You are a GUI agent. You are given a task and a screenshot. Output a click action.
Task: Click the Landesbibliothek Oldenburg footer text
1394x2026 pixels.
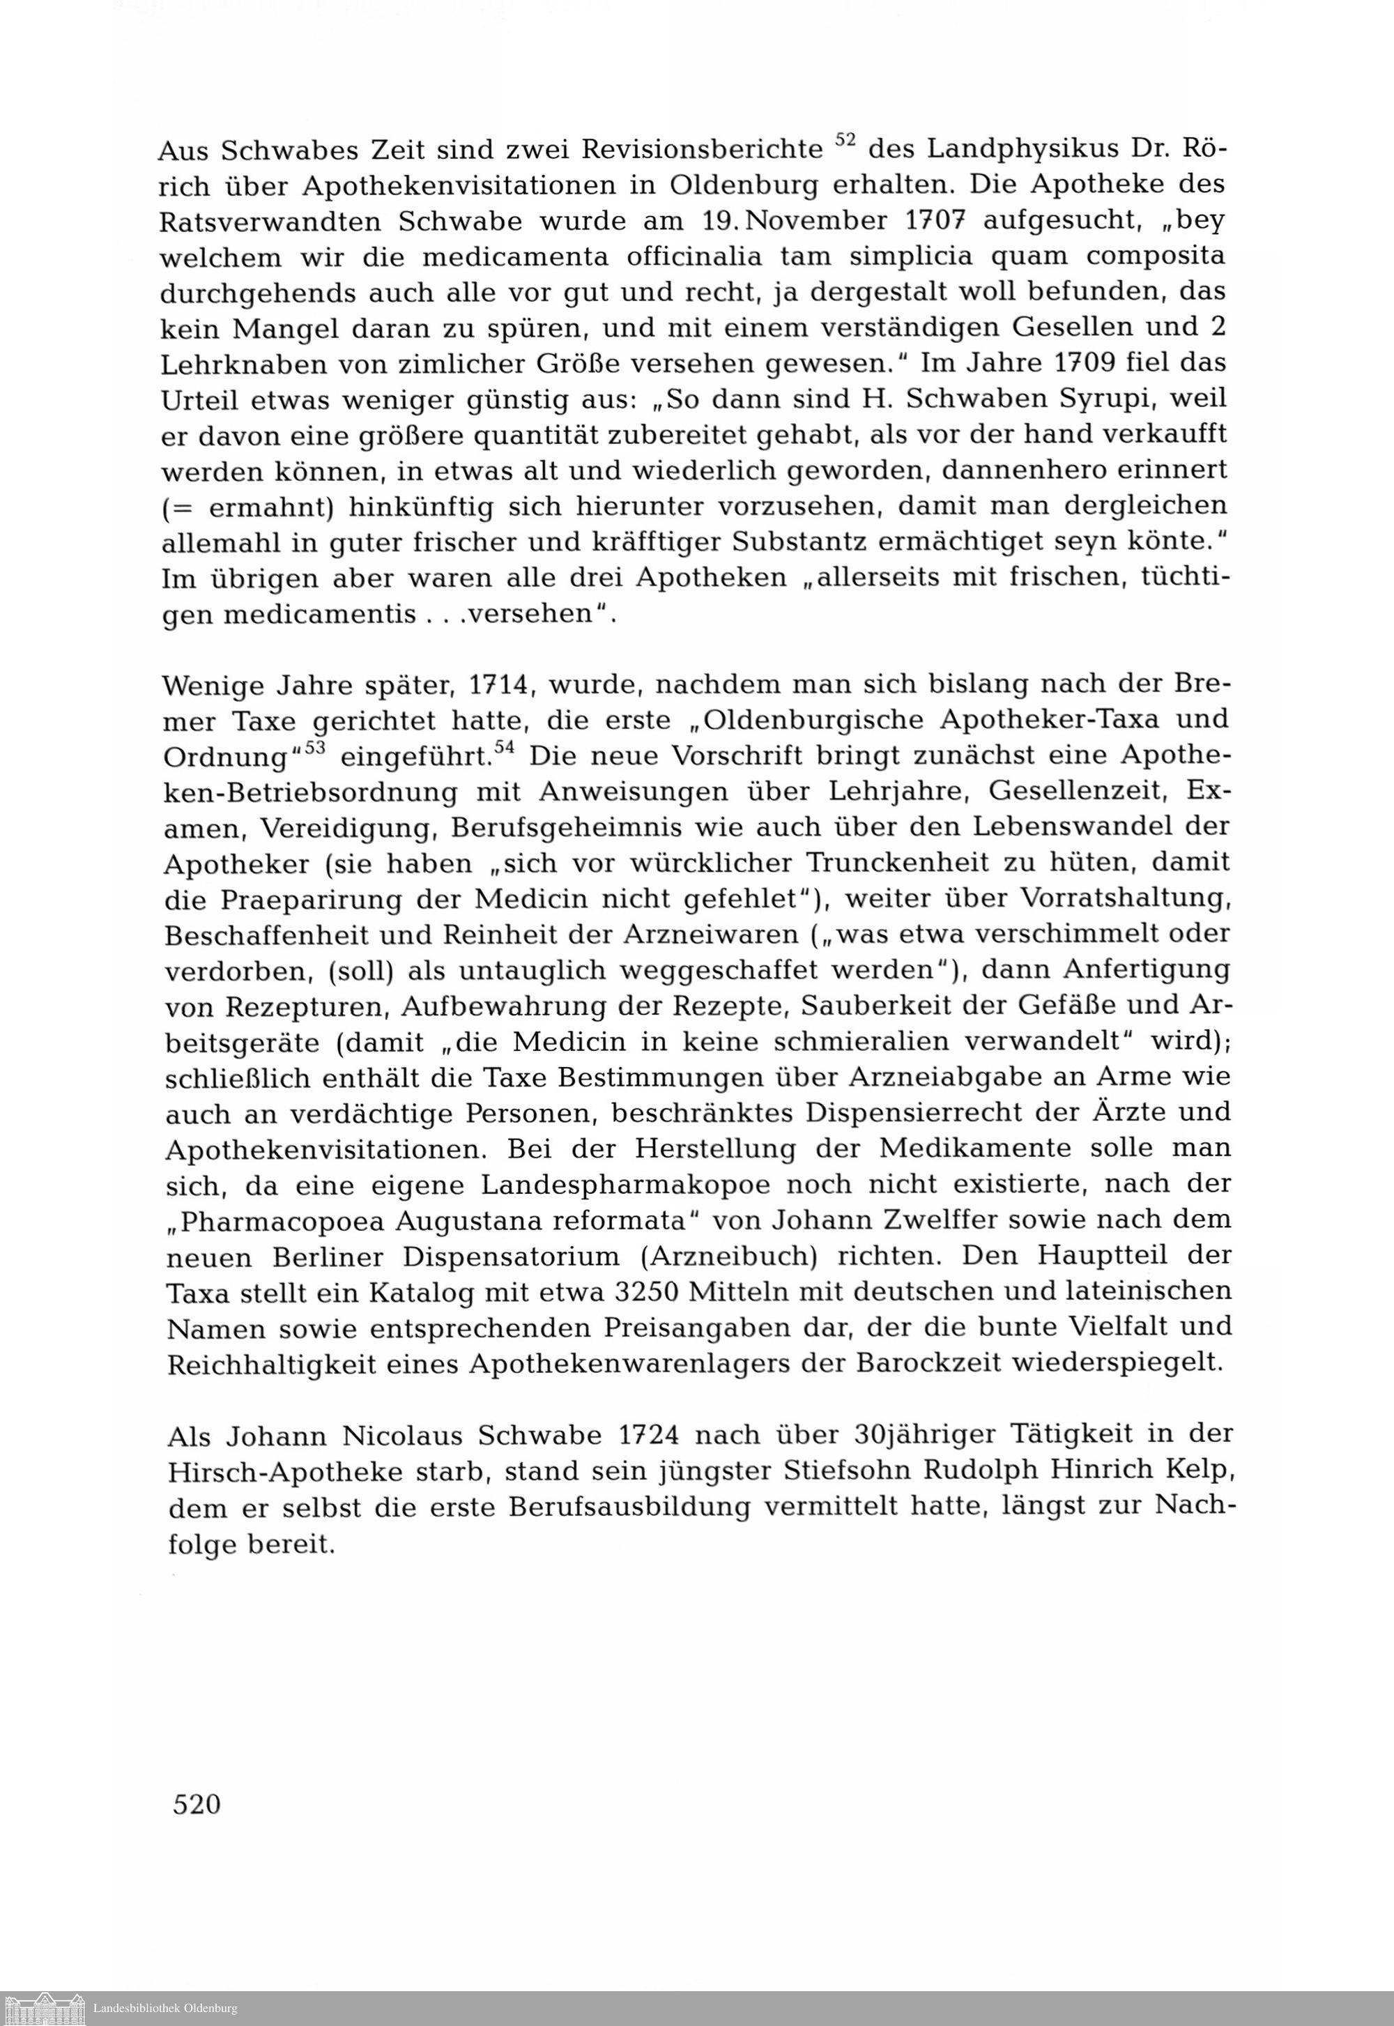[165, 2009]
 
